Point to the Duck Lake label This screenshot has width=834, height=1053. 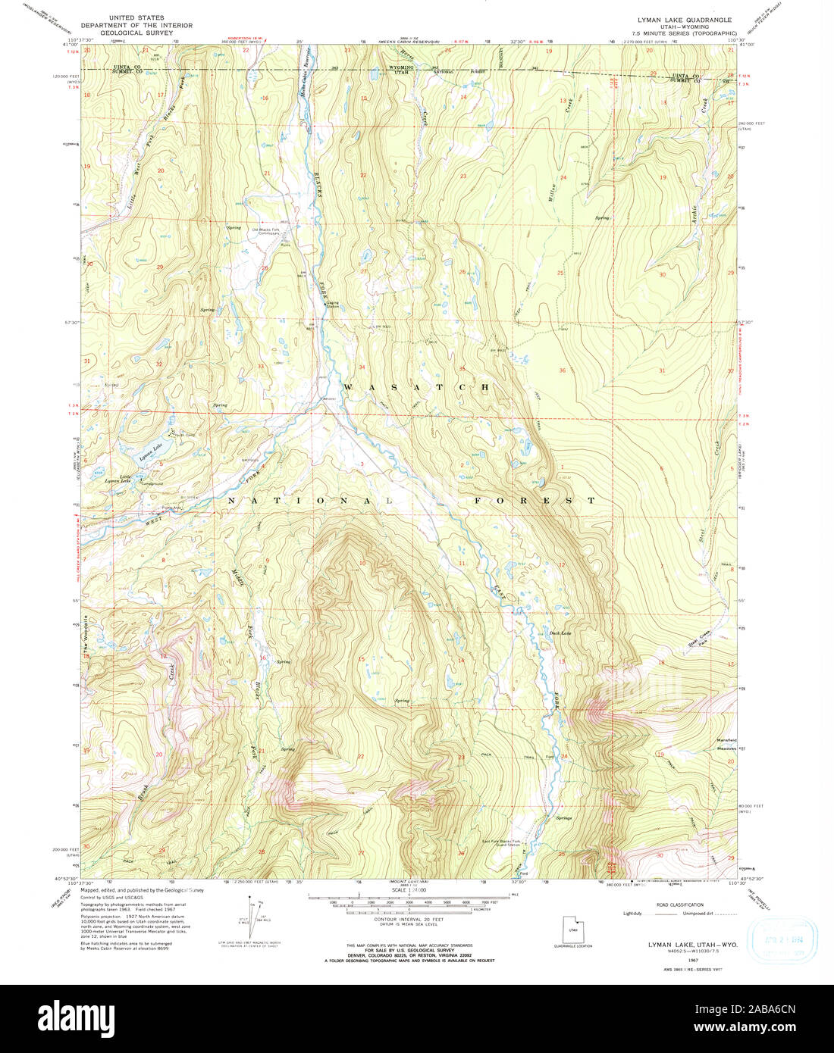560,633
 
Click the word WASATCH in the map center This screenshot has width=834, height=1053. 416,387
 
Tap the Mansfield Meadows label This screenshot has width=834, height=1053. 726,743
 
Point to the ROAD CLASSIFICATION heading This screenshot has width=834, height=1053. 680,905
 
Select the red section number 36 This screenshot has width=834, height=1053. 563,370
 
